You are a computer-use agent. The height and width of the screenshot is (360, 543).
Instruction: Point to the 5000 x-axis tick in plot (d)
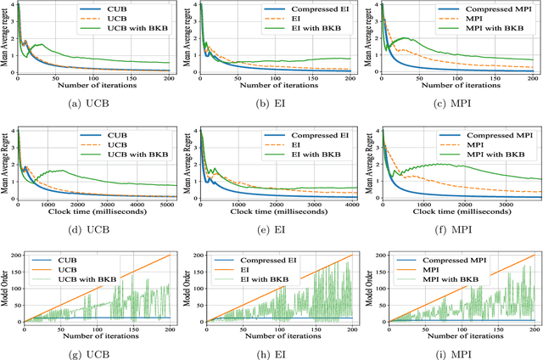(x=170, y=205)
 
